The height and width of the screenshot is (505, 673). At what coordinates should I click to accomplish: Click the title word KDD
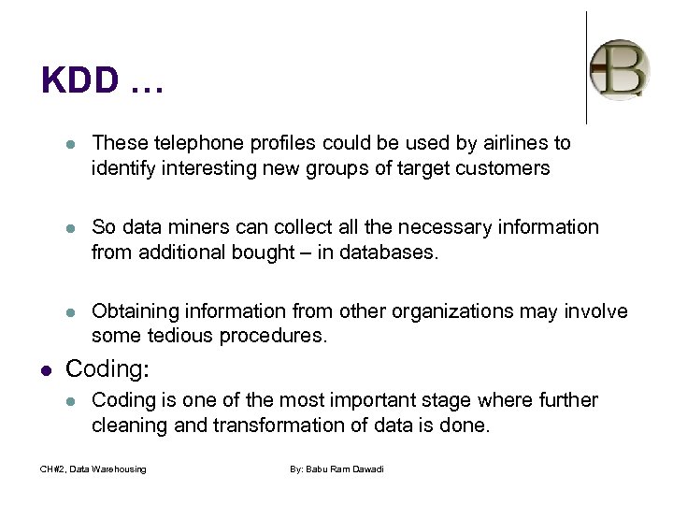pos(80,80)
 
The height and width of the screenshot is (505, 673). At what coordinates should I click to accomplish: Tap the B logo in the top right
pos(620,67)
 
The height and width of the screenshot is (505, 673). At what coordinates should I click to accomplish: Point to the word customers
pos(504,168)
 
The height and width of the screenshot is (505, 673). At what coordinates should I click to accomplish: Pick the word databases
pos(389,252)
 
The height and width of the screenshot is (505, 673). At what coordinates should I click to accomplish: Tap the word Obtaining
pos(135,310)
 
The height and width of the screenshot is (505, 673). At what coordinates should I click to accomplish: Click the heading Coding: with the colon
pos(107,369)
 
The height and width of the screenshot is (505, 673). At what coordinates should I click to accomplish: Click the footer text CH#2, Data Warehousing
pos(94,469)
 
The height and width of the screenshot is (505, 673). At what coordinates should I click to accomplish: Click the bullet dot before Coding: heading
pos(47,370)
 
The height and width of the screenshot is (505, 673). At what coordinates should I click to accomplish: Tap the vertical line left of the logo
pos(586,67)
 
